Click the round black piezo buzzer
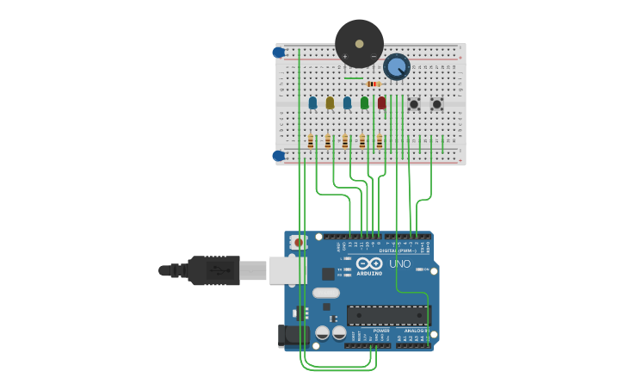coord(359,43)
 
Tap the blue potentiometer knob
coord(396,66)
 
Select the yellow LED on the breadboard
coord(330,102)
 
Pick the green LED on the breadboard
coord(364,102)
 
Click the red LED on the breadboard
coord(381,102)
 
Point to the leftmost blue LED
coord(312,102)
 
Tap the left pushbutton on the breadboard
coord(414,103)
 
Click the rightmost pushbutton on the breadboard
coord(436,103)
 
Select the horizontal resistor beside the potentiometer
coord(373,84)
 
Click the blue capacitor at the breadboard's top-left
coord(279,53)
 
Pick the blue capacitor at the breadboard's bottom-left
coord(279,156)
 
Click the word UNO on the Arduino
coord(400,264)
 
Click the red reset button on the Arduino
coord(299,243)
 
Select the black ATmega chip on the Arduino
coord(388,315)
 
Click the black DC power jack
coord(293,336)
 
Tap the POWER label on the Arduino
coord(381,331)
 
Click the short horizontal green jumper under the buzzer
coord(354,78)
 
